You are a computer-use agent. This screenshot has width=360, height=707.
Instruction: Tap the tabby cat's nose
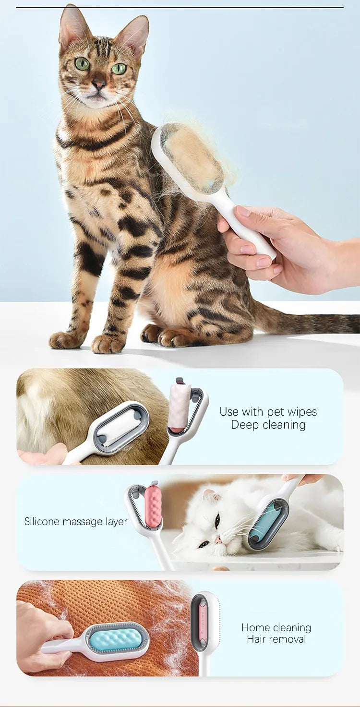99,84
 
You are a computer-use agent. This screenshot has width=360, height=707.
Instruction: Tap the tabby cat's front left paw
106,344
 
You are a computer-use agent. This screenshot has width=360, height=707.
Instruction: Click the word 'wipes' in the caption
303,411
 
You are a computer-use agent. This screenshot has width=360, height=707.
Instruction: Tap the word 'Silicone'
42,521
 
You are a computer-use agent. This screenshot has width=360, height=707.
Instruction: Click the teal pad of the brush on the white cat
261,522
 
